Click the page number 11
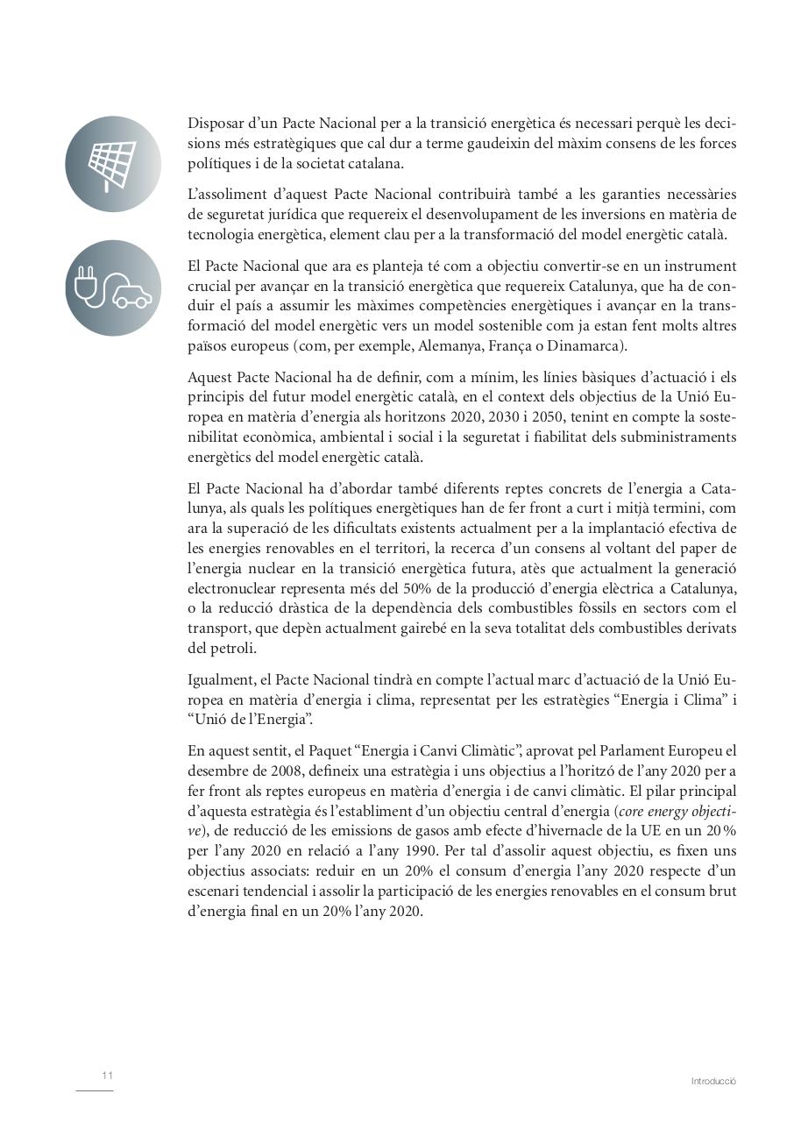coord(107,1076)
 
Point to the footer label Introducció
coord(713,1082)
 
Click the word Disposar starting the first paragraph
coord(214,124)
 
